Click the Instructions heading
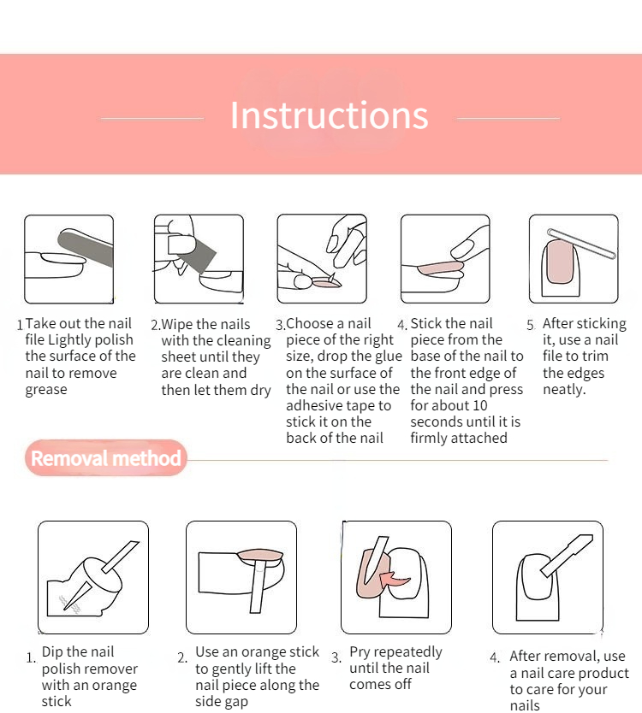[x=330, y=115]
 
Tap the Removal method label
[x=105, y=458]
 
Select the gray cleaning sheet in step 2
[x=197, y=255]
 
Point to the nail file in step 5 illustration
[x=581, y=244]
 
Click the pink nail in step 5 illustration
[x=560, y=262]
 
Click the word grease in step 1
[x=46, y=390]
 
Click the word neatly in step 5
[x=564, y=390]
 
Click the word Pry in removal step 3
[x=360, y=652]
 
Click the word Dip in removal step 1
[x=52, y=652]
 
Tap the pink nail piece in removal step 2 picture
[x=260, y=555]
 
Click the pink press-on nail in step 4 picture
[x=440, y=268]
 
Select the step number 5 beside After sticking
[x=531, y=325]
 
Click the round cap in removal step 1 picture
[x=104, y=575]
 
